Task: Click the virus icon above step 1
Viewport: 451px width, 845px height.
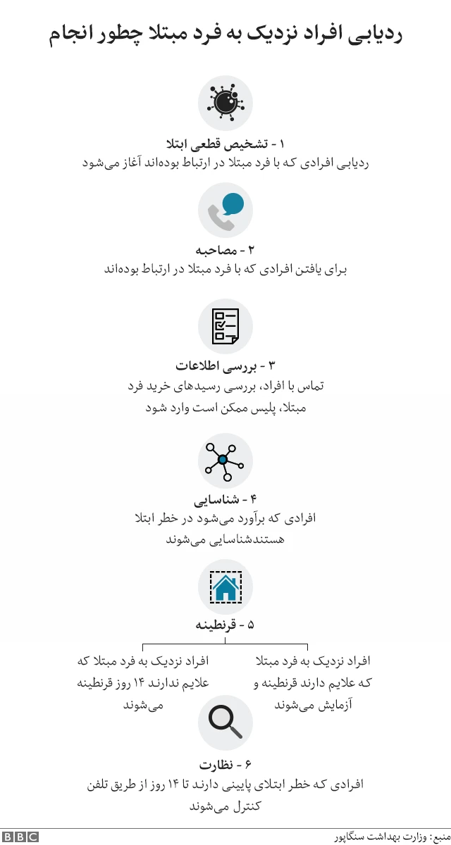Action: point(225,103)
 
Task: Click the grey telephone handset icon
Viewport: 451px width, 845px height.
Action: point(220,219)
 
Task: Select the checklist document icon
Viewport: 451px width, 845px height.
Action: point(225,326)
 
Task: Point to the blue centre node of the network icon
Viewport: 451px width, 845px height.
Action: point(223,460)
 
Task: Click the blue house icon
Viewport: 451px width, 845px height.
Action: point(225,587)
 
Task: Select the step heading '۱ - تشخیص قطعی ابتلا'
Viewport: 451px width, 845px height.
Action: point(225,144)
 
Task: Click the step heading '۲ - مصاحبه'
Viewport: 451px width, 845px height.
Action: point(225,250)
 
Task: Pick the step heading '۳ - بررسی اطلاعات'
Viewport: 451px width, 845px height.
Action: point(225,366)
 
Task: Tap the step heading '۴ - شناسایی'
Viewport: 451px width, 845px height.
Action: point(225,500)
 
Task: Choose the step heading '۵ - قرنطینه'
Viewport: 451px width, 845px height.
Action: point(225,625)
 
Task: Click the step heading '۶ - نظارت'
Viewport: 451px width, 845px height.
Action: point(225,765)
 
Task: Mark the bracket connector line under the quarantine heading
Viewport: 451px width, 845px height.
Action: point(225,644)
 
